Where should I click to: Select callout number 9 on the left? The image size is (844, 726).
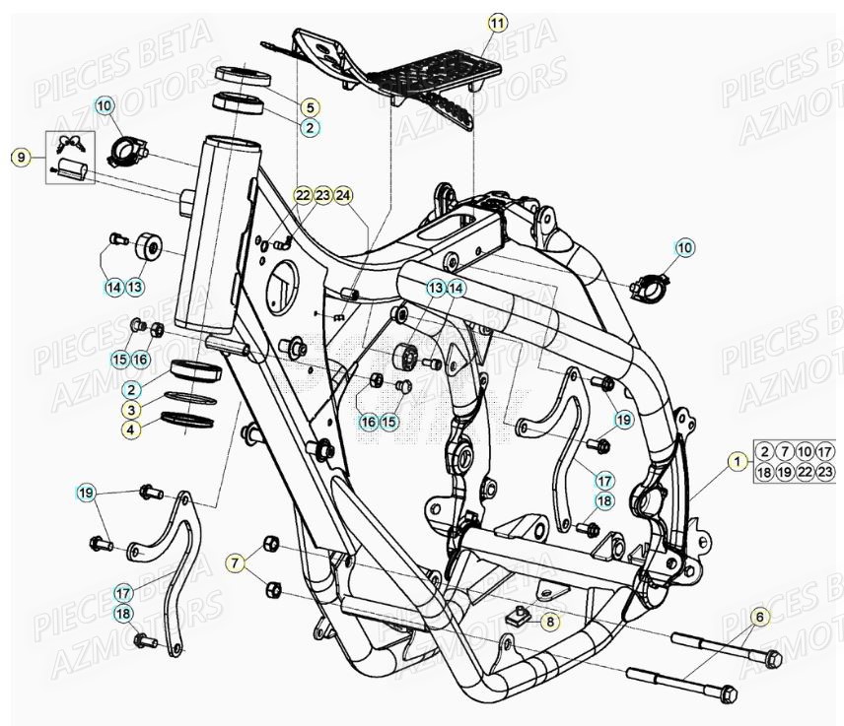(x=21, y=157)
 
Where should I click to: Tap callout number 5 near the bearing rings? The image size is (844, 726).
(x=309, y=107)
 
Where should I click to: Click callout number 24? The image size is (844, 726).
(x=342, y=195)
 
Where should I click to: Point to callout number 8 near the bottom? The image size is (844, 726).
(x=549, y=622)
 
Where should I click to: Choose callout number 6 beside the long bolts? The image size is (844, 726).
(x=758, y=618)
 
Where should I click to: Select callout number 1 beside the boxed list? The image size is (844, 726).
(x=736, y=460)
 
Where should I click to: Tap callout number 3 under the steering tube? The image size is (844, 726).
(x=131, y=409)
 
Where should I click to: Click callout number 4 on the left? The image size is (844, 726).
(x=131, y=429)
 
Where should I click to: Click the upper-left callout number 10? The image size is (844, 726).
(x=105, y=105)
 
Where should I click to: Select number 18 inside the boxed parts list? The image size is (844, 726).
(x=765, y=473)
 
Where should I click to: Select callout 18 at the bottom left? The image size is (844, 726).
(x=123, y=614)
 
